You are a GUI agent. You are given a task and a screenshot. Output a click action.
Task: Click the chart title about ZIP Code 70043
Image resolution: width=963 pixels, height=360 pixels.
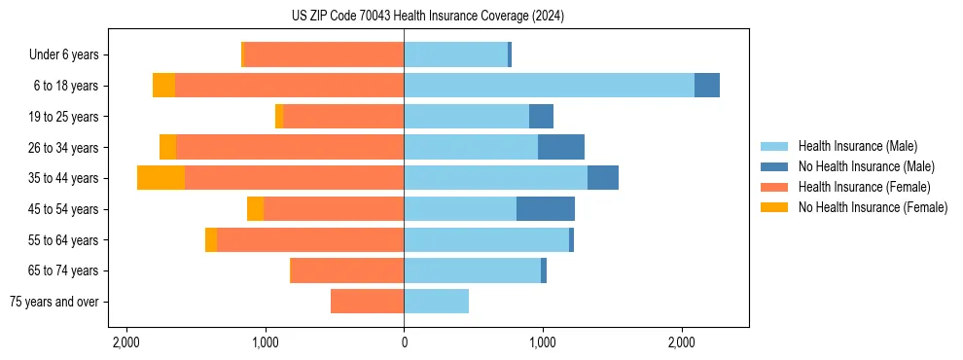tap(427, 17)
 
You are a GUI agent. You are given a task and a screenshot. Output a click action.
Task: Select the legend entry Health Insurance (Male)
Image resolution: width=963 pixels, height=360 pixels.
tap(856, 146)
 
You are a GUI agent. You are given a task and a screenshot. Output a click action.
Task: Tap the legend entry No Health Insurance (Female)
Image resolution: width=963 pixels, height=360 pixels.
tap(873, 207)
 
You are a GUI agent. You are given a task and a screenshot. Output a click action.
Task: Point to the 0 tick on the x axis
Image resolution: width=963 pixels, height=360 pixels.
tap(404, 342)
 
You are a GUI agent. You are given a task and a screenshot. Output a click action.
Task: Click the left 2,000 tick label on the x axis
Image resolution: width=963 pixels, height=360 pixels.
tap(126, 342)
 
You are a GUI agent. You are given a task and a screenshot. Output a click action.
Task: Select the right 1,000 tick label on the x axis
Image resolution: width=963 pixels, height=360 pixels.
tap(543, 342)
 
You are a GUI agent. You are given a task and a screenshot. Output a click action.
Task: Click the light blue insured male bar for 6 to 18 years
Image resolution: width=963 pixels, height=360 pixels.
tap(549, 86)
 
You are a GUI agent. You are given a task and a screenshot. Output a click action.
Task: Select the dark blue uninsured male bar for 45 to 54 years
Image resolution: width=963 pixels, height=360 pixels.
tap(546, 208)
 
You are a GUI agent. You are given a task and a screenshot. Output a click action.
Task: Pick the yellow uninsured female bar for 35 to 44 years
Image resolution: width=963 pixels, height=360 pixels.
tap(160, 178)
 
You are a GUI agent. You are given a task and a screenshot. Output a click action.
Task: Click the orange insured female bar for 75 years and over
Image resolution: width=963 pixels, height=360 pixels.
tap(367, 302)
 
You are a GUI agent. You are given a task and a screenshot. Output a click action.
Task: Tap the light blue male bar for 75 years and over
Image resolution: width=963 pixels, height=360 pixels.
tap(436, 302)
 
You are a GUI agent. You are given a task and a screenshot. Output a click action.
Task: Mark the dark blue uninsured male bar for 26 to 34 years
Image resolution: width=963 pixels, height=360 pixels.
tap(561, 147)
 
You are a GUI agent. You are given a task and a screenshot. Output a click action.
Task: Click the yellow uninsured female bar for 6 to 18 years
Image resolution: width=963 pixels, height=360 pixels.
tap(163, 86)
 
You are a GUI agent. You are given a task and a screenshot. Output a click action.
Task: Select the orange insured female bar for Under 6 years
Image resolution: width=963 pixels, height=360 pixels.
tap(324, 54)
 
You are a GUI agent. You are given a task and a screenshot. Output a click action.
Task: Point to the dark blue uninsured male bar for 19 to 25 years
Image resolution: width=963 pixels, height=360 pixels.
tap(541, 117)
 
